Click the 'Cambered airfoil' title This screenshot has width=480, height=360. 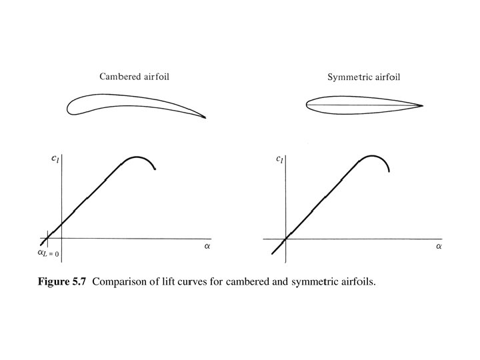[134, 77]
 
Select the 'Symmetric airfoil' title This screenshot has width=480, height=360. [364, 77]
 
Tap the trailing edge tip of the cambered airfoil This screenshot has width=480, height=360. [205, 118]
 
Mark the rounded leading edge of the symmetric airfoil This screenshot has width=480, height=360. [307, 104]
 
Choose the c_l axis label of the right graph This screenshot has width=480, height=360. [279, 159]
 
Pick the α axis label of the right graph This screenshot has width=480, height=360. [439, 247]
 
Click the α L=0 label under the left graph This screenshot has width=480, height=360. [47, 253]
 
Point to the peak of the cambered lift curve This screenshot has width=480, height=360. [137, 157]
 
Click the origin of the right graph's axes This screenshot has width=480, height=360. [285, 238]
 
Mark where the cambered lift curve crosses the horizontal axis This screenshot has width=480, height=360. [47, 238]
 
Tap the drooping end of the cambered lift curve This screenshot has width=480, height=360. [155, 170]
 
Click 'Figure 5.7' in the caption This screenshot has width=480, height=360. [62, 282]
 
